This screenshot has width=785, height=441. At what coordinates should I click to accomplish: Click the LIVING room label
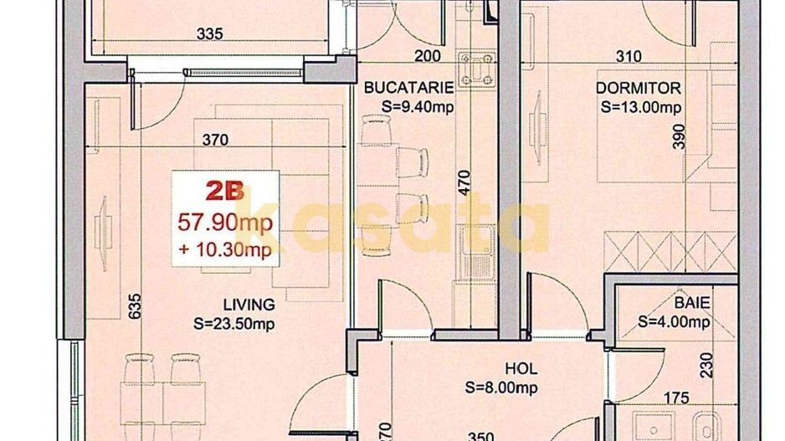(249, 304)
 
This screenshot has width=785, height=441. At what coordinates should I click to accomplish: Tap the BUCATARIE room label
(409, 87)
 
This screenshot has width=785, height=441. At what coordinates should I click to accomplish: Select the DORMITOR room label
(638, 88)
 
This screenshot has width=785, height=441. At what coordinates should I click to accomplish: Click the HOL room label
(521, 368)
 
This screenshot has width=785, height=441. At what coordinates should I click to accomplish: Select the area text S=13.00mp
(641, 107)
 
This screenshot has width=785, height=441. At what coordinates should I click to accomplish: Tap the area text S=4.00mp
(674, 321)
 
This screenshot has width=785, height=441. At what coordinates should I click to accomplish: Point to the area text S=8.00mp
(501, 387)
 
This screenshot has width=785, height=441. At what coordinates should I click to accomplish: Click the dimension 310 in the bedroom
(628, 57)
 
